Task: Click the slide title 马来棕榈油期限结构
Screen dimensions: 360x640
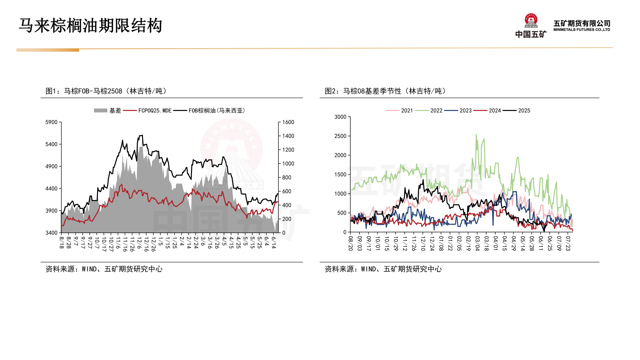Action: coord(90,26)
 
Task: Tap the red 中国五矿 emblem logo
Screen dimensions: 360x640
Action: coord(531,21)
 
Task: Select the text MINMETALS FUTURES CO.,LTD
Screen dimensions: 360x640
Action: coord(582,30)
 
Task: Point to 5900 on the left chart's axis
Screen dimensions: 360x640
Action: coord(51,122)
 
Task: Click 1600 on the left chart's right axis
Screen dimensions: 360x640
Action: coord(288,122)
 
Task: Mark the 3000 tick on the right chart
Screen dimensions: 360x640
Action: coord(340,117)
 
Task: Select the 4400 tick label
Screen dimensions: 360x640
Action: coord(51,189)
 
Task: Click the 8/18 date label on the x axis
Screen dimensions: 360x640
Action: coord(62,242)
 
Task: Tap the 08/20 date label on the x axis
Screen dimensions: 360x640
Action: coord(350,243)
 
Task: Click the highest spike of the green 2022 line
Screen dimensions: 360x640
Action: coord(476,135)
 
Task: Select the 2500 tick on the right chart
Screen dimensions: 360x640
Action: coord(340,136)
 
